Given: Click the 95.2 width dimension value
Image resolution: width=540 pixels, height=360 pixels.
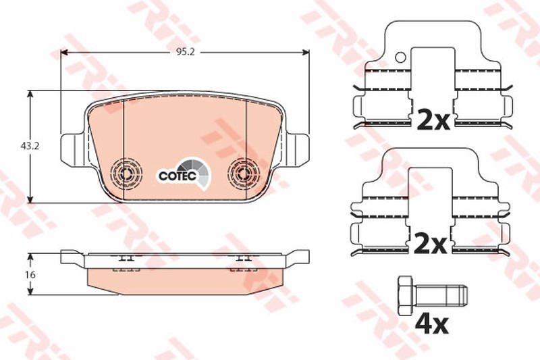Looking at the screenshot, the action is tap(186, 52).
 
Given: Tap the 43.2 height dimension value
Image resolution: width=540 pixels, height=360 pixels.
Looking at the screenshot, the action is tap(30, 146).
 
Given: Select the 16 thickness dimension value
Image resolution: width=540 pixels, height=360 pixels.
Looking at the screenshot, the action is tap(30, 275).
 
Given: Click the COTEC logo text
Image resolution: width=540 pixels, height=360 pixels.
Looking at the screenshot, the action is tap(178, 176).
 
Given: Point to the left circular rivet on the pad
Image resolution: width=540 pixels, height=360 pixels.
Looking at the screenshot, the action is tap(126, 174).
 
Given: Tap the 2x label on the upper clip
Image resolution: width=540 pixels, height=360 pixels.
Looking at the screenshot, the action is tap(433, 120).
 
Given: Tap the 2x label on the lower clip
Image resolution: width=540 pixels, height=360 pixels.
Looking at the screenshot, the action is tap(430, 244).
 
